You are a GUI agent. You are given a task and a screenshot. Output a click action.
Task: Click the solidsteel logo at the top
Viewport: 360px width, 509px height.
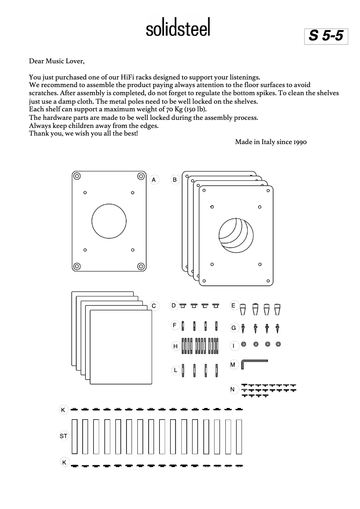coord(178,29)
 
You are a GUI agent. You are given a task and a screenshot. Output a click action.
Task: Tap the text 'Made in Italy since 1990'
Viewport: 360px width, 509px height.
coord(271,142)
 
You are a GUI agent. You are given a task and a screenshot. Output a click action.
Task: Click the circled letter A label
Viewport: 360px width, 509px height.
coord(154,180)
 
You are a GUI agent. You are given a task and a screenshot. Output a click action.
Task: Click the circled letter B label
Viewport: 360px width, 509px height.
coord(175,180)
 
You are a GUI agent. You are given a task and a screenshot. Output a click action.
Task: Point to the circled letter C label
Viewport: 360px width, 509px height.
coord(154,306)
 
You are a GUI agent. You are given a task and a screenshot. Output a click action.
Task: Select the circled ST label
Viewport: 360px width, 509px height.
coord(63,436)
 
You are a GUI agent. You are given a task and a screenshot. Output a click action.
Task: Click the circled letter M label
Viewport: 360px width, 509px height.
coord(233,365)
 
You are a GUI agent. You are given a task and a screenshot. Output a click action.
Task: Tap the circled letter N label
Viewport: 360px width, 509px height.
coord(233,389)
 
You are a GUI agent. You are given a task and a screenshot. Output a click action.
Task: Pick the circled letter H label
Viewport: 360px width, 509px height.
coord(176,346)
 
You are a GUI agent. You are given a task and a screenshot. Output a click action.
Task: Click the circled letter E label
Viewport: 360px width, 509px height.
coord(233,306)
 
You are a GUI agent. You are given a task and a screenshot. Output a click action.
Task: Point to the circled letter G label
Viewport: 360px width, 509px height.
coord(233,328)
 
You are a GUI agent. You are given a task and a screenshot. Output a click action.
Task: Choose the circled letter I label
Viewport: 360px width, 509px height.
coord(233,346)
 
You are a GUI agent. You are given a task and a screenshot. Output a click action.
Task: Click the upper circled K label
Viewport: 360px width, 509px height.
coord(63,410)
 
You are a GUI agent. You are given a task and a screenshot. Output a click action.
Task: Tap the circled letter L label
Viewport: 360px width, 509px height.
coord(176,370)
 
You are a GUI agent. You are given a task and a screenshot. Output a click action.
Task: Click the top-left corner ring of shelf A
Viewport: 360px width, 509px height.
coord(78,176)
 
